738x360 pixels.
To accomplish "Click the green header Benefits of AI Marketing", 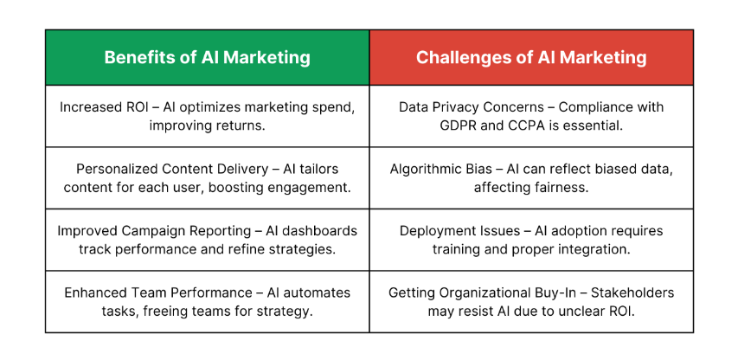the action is [x=207, y=57].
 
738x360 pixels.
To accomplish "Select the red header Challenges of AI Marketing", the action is [x=531, y=57].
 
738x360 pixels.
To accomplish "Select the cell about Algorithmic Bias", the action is [x=531, y=178].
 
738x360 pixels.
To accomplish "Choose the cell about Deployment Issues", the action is [x=531, y=240].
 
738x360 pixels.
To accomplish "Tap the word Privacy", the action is [x=451, y=107].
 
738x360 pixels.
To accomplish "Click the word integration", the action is [x=600, y=250].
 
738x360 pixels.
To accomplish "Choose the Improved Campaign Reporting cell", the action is [x=207, y=240].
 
